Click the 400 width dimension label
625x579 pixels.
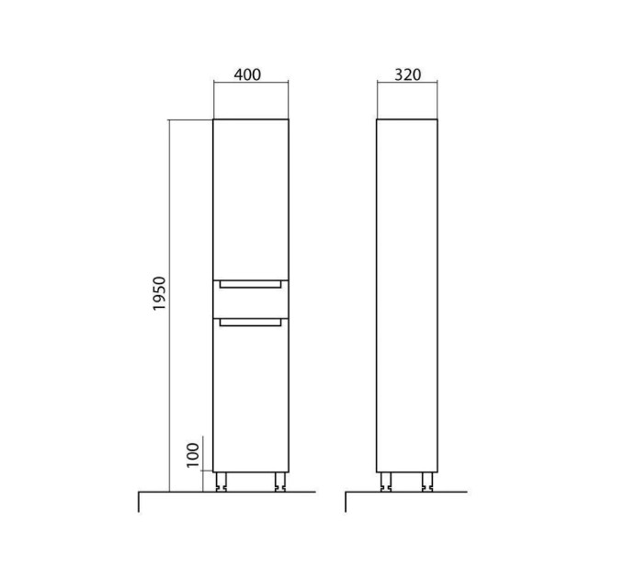point(247,74)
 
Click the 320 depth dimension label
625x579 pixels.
point(407,74)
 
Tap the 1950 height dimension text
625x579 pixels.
point(159,293)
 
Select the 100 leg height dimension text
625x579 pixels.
point(192,455)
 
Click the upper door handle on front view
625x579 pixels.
point(250,285)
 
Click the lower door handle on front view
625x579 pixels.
point(250,322)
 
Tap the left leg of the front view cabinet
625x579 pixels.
point(222,482)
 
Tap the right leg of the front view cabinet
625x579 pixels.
point(280,482)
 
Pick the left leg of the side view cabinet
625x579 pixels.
point(386,482)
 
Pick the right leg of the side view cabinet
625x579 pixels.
point(427,482)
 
